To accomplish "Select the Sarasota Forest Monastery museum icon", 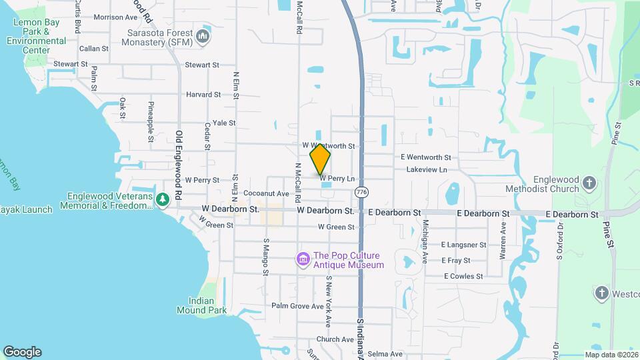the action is [203, 36].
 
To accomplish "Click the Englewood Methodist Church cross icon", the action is [589, 183].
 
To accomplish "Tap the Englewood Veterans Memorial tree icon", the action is [162, 199].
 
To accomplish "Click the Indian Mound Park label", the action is [201, 305].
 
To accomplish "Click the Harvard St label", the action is [203, 95].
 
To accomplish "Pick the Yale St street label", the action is [224, 123].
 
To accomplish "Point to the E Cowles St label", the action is [463, 276].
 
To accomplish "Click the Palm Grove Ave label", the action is [297, 305].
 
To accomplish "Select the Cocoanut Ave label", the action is [266, 193].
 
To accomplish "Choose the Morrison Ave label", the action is [115, 17].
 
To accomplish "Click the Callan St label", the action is [93, 49].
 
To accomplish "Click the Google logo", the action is [22, 352].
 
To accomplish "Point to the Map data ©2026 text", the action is [611, 355].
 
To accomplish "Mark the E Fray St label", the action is [455, 261].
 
